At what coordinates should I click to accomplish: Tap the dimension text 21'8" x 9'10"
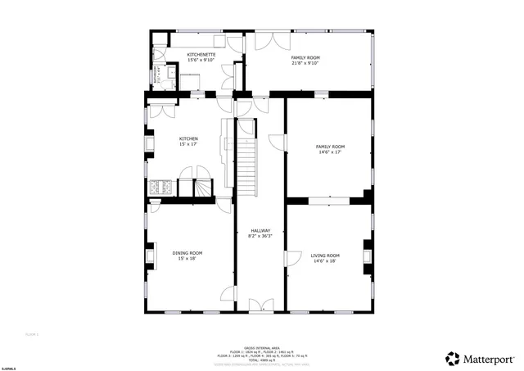click(305, 62)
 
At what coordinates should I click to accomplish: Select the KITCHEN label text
click(188, 139)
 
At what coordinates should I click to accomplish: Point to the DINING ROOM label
click(187, 253)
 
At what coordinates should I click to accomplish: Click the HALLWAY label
click(260, 231)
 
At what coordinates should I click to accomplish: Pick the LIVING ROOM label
click(327, 256)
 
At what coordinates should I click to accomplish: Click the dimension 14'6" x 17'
click(331, 152)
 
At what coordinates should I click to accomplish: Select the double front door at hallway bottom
click(260, 305)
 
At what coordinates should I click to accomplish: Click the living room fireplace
click(368, 255)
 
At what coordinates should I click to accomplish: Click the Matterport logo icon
click(453, 359)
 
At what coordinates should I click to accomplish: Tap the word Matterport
click(490, 359)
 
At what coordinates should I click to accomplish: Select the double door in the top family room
click(267, 41)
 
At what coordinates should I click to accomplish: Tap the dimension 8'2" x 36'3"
click(260, 237)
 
